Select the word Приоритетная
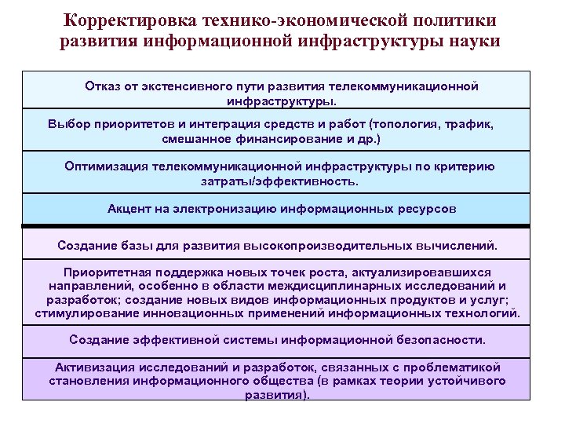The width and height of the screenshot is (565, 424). click(x=108, y=272)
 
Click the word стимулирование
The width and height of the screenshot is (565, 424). click(x=86, y=313)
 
